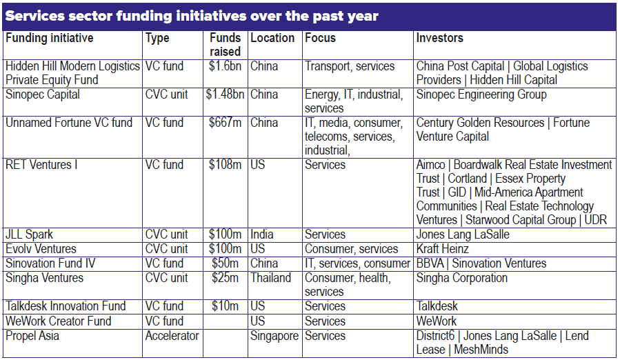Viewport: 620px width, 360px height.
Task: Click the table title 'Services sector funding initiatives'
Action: [x=191, y=16]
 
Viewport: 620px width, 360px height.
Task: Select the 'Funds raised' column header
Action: [x=226, y=45]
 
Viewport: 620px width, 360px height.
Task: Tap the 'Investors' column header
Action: [x=439, y=39]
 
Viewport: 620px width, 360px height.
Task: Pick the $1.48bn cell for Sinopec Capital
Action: [x=226, y=95]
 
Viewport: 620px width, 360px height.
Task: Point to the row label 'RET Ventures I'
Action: [x=41, y=166]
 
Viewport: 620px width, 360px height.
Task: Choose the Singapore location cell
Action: [x=274, y=336]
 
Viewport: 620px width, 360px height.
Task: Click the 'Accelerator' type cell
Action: [x=172, y=336]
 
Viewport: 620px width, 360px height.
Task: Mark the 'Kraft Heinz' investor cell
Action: [x=442, y=249]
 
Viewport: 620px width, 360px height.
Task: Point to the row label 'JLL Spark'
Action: [x=30, y=235]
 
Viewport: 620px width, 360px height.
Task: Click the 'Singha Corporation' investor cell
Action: [x=461, y=279]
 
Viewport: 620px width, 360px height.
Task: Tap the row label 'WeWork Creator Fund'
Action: [x=58, y=321]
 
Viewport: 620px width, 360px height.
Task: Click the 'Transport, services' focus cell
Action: [x=350, y=67]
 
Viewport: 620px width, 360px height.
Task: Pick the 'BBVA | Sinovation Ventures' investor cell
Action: [x=481, y=263]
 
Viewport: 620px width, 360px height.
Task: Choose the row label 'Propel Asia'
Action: [x=32, y=336]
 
